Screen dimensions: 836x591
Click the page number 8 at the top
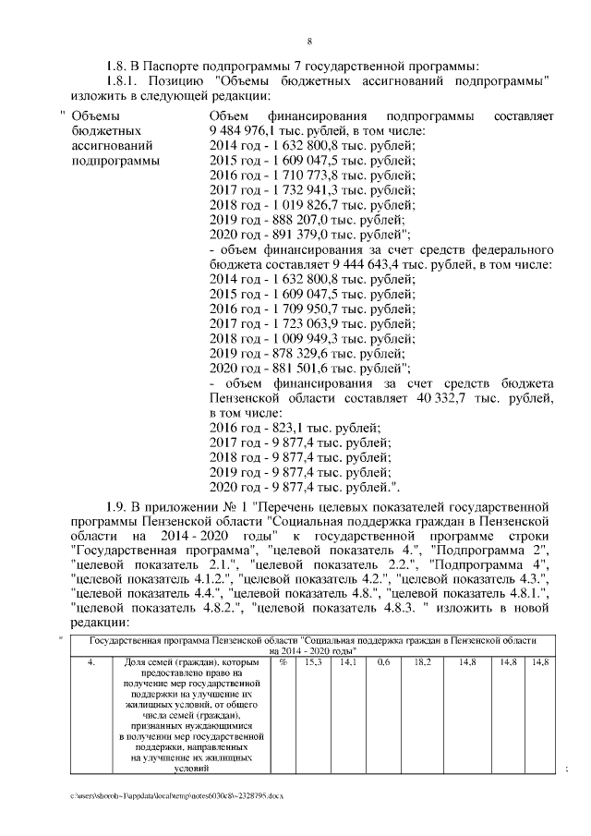[308, 42]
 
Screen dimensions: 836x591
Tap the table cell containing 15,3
[313, 661]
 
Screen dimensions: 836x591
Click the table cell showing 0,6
[383, 661]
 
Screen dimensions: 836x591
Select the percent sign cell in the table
[283, 661]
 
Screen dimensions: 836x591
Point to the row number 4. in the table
[91, 661]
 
